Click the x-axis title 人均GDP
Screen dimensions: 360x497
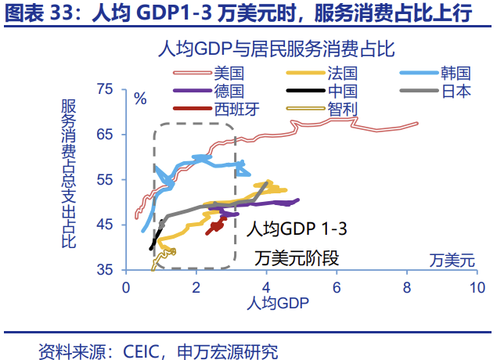point(278,302)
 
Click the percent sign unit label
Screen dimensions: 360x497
point(140,99)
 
